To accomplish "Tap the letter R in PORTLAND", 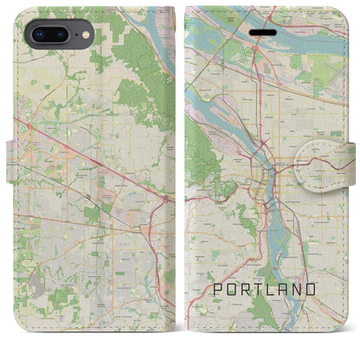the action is [x=242, y=287].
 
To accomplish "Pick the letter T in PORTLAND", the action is [x=257, y=287].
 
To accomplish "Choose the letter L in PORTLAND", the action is [x=272, y=287].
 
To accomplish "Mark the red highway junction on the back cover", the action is [x=164, y=200].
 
